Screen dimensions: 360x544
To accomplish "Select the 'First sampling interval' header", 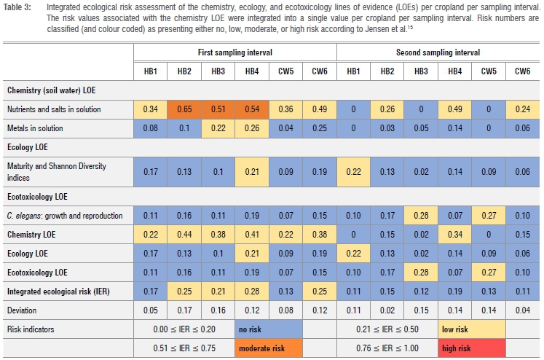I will (x=234, y=53).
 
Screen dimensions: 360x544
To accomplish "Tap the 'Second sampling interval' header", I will (x=438, y=53).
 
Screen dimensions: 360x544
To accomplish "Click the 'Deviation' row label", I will (x=24, y=310).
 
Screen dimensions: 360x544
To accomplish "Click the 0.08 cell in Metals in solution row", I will (x=150, y=129).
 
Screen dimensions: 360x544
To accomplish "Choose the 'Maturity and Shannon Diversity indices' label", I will (x=57, y=171).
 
